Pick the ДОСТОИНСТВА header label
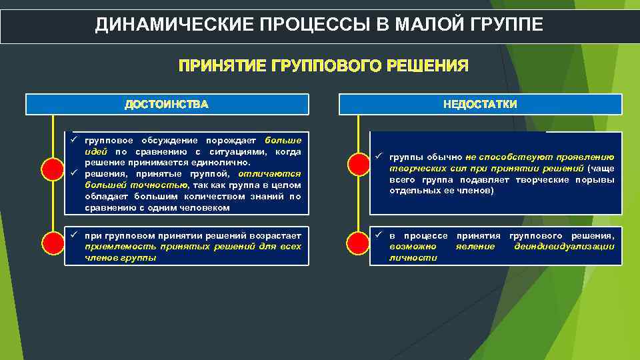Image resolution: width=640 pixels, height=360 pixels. (x=167, y=105)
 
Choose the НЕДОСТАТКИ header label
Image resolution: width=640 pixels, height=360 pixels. (x=480, y=105)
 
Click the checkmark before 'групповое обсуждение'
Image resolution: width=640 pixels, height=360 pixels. (x=76, y=140)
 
